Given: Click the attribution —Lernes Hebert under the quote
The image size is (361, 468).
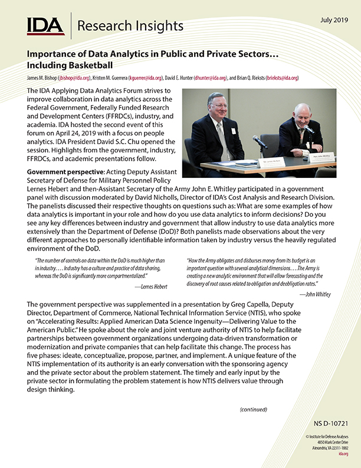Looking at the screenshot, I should (150, 287).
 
